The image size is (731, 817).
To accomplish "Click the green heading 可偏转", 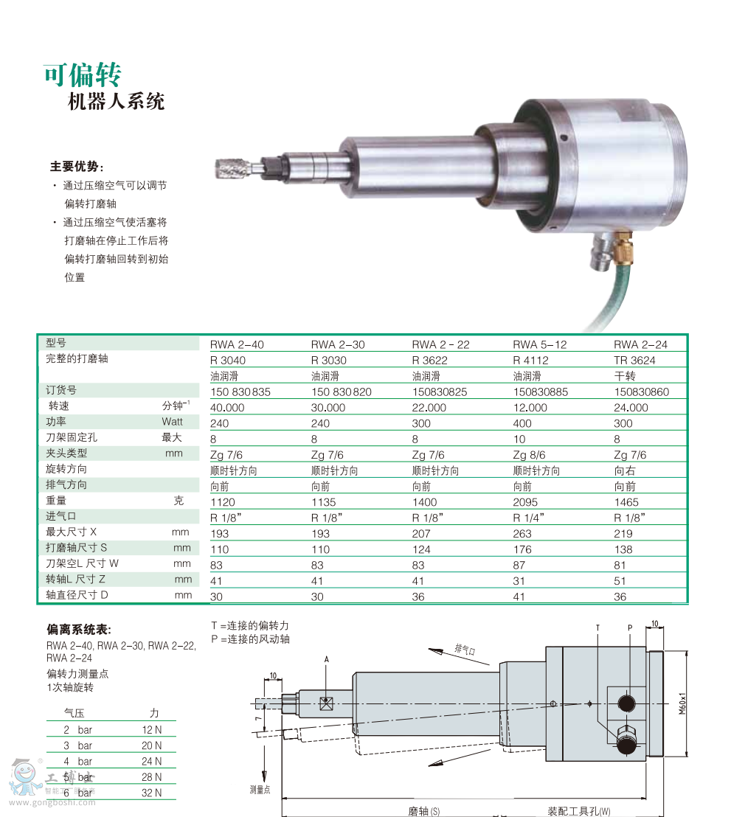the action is (x=83, y=75).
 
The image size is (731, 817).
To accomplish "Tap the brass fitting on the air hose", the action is (x=623, y=249).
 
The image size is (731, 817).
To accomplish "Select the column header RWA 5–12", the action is (x=540, y=344).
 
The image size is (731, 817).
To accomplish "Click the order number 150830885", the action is (x=541, y=392).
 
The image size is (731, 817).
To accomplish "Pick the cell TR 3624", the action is (x=634, y=360).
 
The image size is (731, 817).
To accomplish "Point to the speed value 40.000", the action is (x=227, y=408).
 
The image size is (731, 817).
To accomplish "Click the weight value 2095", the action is (x=525, y=501).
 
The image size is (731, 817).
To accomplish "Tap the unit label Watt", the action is (x=172, y=422).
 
